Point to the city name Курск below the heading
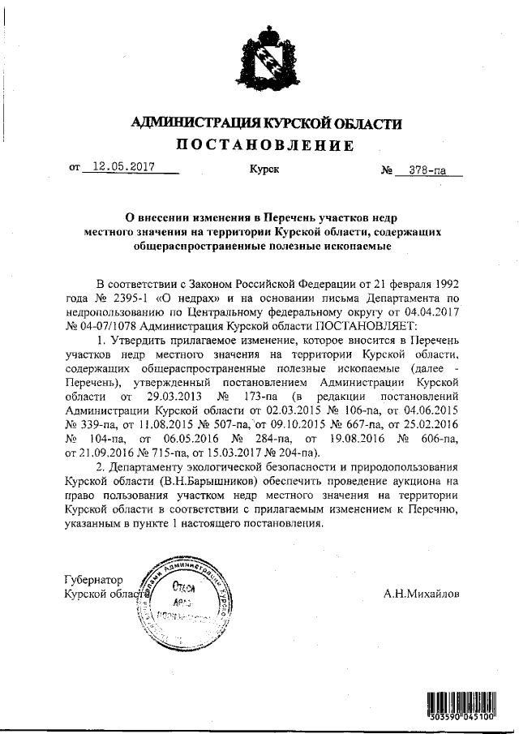point(264,170)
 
